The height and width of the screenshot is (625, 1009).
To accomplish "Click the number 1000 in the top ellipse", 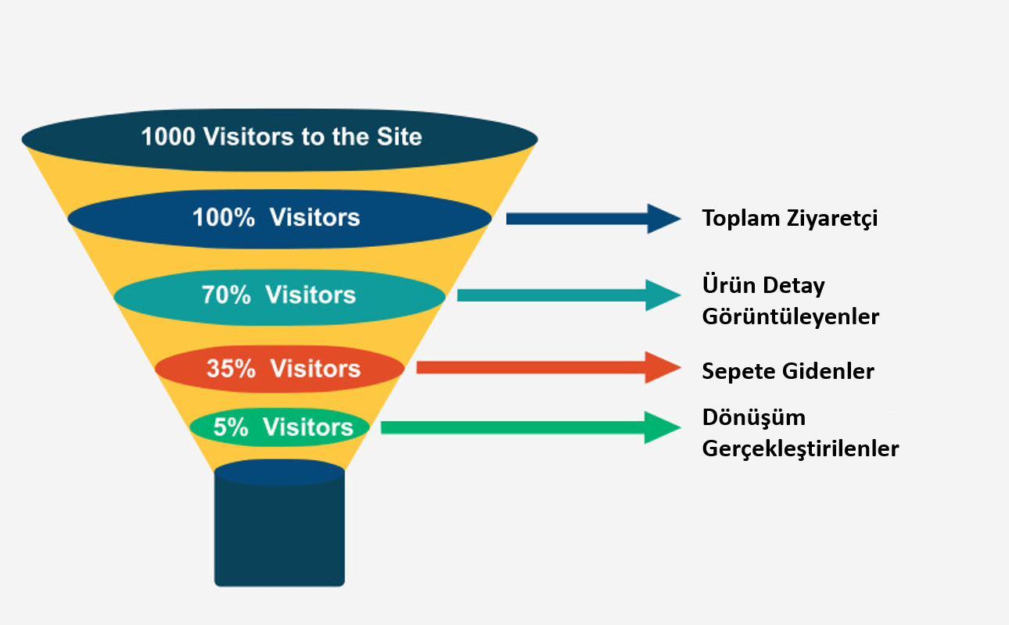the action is tap(168, 137).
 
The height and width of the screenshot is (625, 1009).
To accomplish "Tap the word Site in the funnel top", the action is tap(399, 137).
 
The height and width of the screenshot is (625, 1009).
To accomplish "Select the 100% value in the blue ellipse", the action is tap(224, 217).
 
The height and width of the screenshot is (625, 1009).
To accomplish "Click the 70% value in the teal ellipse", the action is tap(226, 295).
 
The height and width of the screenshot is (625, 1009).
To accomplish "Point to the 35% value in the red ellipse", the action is tap(231, 369).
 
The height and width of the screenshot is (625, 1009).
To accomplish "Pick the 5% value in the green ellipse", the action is tap(230, 427).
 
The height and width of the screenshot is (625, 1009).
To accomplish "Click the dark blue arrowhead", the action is tap(664, 219).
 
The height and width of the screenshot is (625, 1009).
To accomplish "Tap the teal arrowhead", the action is tap(663, 295).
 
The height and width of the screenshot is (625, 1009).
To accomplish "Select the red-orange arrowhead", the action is tap(662, 368).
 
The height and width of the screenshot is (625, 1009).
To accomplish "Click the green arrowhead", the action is tap(662, 427).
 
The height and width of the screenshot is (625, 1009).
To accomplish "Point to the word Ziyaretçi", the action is tap(832, 219).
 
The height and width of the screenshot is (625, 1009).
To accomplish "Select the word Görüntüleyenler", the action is tap(791, 316).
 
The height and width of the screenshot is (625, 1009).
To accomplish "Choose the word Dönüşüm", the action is tap(753, 417).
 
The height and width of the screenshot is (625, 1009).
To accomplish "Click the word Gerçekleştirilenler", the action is tap(800, 448).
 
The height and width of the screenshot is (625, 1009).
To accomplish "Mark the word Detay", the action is tap(794, 286).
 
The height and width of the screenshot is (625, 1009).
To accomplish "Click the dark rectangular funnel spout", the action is tap(279, 529).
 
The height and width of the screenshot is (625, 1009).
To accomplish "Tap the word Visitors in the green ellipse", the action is tap(308, 427).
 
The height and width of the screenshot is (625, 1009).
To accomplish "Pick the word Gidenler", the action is tap(828, 372).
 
